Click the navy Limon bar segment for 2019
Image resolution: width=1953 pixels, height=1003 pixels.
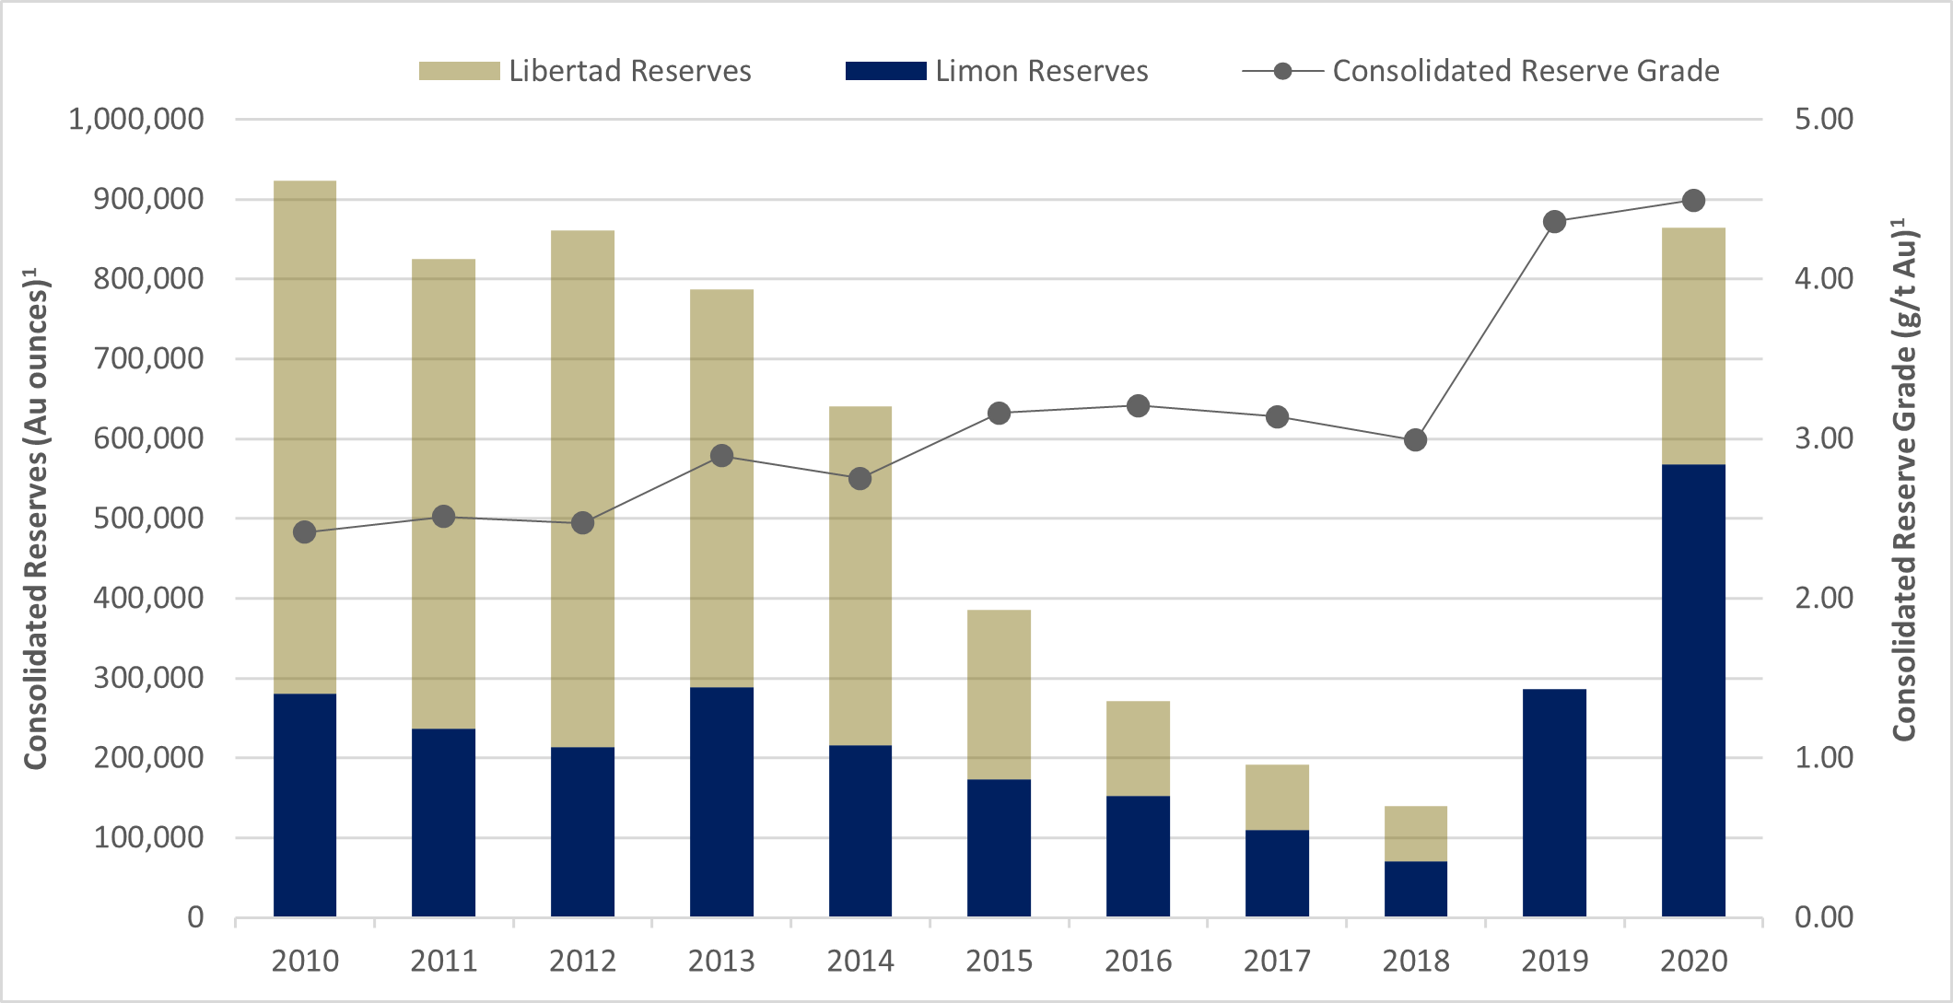point(1554,803)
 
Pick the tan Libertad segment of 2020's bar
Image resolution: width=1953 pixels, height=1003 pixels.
point(1693,346)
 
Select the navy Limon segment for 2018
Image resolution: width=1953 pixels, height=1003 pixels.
point(1415,889)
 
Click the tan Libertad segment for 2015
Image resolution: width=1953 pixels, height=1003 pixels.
point(999,694)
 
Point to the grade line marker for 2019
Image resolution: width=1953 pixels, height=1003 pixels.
point(1554,222)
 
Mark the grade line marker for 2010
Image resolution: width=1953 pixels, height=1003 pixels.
point(305,532)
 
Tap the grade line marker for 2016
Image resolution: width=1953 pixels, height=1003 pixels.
point(1138,406)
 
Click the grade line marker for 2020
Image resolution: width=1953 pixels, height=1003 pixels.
point(1693,201)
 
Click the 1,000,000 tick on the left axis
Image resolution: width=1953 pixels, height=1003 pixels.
point(136,119)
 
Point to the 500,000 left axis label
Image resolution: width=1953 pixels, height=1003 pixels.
point(148,519)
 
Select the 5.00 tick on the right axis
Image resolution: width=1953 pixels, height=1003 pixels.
point(1823,119)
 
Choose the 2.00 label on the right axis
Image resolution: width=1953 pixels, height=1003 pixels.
point(1823,598)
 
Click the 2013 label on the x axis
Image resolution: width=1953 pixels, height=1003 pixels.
point(721,962)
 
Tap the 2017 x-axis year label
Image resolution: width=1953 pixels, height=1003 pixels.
point(1277,962)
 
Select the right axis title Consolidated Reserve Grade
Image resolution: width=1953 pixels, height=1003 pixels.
point(1905,479)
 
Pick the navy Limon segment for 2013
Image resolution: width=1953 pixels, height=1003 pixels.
point(721,801)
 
